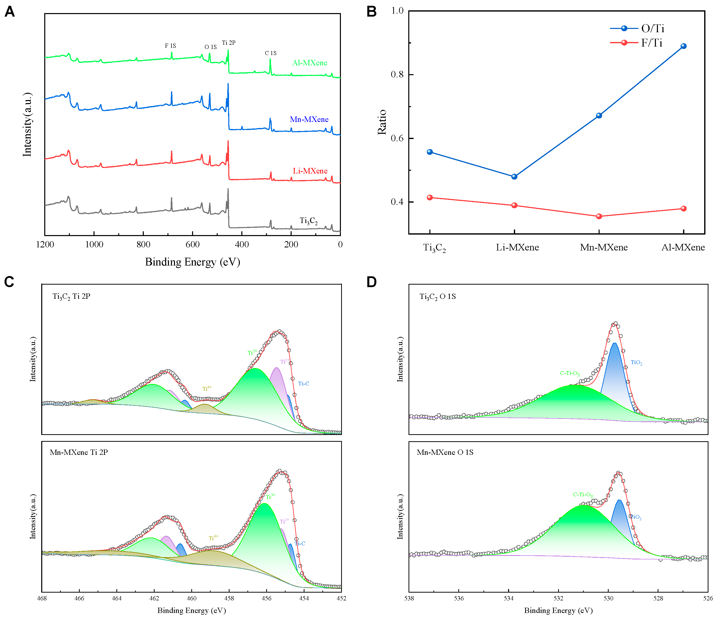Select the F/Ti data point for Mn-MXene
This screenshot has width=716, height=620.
(x=599, y=216)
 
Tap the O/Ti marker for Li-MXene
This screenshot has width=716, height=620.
(x=514, y=176)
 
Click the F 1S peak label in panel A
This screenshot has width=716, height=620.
(x=170, y=46)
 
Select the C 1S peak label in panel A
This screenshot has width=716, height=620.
(x=271, y=53)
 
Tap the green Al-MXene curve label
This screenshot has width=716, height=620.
(x=309, y=63)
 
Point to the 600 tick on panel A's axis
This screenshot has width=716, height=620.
(x=192, y=244)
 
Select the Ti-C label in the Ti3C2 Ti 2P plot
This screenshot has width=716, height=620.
(x=303, y=383)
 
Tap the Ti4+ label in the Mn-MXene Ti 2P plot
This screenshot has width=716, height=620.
(x=213, y=538)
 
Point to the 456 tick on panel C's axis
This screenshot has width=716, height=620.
(x=266, y=599)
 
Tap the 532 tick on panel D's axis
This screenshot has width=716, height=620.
(x=558, y=599)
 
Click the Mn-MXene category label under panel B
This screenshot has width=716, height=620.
(x=604, y=247)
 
